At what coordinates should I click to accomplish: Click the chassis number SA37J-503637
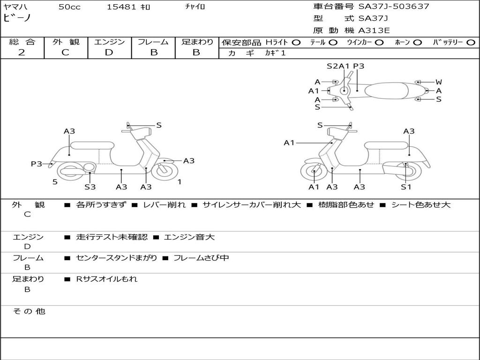point(394,7)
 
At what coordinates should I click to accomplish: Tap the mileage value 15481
point(121,7)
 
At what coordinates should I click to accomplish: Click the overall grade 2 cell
point(22,52)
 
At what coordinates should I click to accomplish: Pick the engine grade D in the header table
point(109,52)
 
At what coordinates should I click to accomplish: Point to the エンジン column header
point(109,42)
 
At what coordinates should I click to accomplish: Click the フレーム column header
point(153,42)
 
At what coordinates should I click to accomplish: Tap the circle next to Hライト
point(296,43)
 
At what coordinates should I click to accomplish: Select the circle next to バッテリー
point(471,43)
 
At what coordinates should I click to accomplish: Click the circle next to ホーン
point(418,43)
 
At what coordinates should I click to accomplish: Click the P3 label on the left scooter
point(37,164)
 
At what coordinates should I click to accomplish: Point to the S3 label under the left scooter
point(90,187)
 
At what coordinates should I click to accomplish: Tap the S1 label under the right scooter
point(406,187)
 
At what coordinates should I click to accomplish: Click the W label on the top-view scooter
point(439,82)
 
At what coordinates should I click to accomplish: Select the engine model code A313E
point(374,30)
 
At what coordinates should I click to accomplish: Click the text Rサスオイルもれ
point(107,279)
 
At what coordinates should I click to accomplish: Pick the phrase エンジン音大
point(189,237)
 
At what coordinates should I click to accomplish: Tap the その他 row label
point(29,311)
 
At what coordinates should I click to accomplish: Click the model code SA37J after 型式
point(373,19)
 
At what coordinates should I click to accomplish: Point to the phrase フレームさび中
point(201,258)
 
